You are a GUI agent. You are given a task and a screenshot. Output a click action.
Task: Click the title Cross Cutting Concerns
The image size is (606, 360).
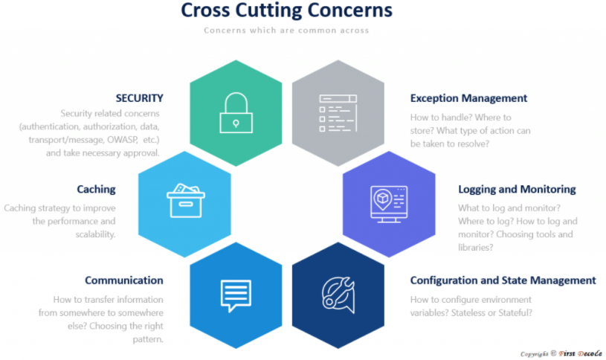[286, 11]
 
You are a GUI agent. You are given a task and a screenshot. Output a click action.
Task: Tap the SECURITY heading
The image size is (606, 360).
[139, 97]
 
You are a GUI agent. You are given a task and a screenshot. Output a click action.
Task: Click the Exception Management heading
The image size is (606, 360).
[468, 97]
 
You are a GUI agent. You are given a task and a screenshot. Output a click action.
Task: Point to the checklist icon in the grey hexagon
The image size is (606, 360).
[337, 114]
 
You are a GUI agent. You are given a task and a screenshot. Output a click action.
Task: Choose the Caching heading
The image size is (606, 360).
[96, 189]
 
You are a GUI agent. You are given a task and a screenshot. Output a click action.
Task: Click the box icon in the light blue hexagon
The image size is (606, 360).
[184, 200]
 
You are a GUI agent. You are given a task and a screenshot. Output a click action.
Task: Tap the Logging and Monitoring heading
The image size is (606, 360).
[517, 189]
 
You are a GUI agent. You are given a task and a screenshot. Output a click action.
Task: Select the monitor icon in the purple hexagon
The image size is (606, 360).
[388, 201]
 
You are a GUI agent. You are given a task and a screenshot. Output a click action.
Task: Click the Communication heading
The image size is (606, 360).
[123, 280]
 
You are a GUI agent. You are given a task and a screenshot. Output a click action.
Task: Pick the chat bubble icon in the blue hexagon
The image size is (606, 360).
[236, 294]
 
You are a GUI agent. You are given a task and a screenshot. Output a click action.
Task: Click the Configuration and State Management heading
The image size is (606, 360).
[503, 280]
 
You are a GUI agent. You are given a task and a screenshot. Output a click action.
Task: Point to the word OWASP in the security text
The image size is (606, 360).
[113, 140]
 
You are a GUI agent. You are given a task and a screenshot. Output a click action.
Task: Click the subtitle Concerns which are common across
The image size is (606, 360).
[286, 30]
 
